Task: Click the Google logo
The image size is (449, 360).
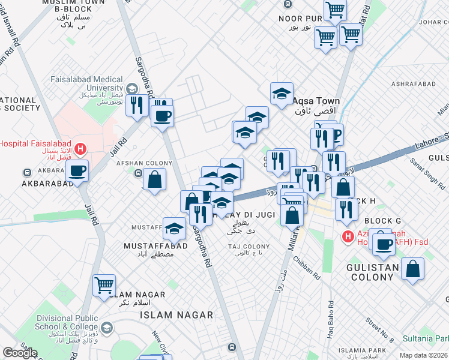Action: pyautogui.click(x=20, y=352)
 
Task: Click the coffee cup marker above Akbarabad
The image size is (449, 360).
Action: pyautogui.click(x=77, y=171)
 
